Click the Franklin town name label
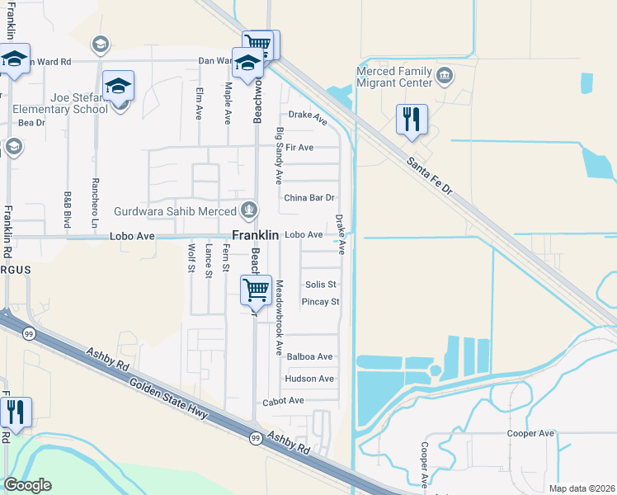255,235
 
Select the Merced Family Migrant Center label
394,78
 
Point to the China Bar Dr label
308,198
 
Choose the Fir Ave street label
299,148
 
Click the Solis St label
321,285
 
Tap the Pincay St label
321,302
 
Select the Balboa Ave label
308,357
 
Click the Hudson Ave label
308,379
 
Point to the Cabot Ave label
284,401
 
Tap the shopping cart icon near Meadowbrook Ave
256,290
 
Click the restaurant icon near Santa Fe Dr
411,119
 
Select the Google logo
27,485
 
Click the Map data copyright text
582,488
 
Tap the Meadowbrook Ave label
279,318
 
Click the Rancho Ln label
96,209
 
